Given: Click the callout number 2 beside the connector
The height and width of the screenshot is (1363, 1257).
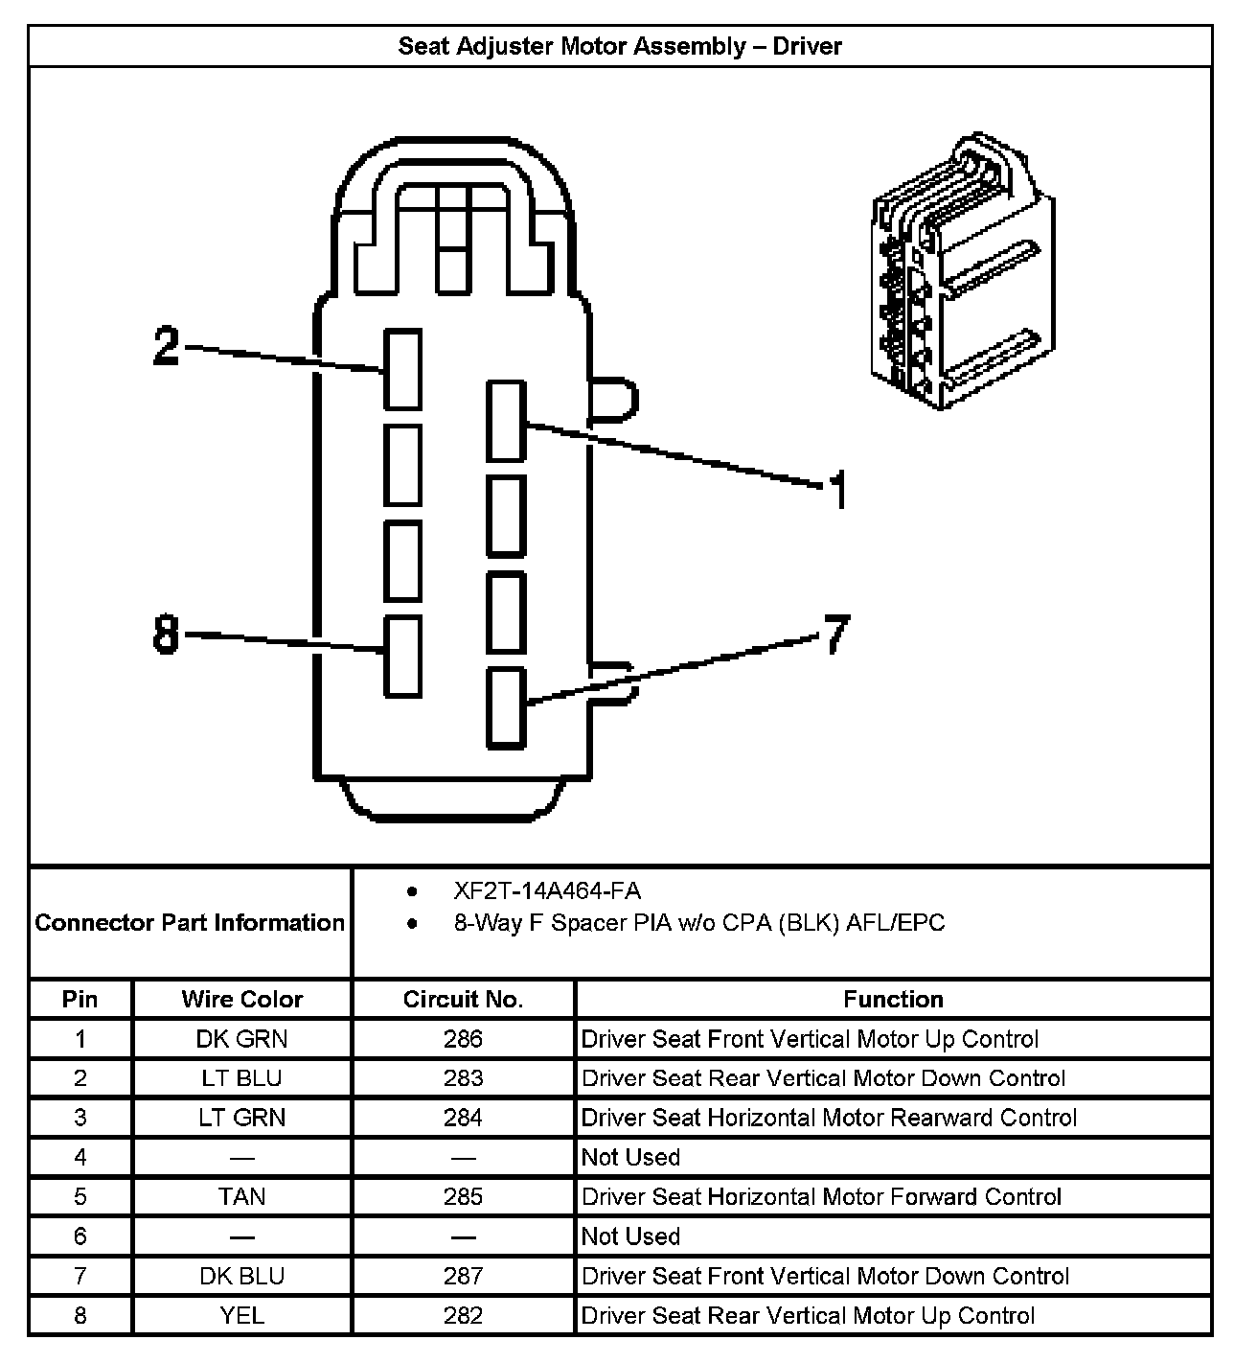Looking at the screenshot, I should (x=167, y=346).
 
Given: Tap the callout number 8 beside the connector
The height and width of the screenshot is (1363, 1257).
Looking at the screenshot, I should (x=167, y=634).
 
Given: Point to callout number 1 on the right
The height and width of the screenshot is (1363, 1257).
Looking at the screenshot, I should (x=838, y=490).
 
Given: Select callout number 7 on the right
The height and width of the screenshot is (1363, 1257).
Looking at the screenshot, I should (x=836, y=634).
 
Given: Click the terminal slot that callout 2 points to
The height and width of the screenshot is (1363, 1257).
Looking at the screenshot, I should (x=402, y=369).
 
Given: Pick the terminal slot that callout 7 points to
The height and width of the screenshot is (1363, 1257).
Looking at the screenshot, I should (x=506, y=708).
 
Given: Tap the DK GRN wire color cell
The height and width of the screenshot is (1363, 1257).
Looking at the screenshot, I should (x=241, y=1039).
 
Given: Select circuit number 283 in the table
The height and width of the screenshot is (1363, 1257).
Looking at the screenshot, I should (x=463, y=1078).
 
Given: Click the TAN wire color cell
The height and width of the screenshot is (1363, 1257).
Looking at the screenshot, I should (x=241, y=1197).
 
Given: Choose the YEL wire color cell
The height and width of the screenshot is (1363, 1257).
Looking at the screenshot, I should (x=241, y=1316).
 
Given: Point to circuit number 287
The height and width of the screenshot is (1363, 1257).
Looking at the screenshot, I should (x=463, y=1276).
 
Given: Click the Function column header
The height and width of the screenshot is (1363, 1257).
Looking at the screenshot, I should (x=893, y=1000).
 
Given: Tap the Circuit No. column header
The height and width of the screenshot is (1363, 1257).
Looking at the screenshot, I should (x=463, y=1000).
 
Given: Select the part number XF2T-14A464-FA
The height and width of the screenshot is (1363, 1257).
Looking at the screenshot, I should (x=547, y=891).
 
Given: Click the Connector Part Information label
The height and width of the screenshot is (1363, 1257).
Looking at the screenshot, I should (x=190, y=923).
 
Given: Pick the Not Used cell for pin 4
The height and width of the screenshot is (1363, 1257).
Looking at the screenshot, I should (x=630, y=1157).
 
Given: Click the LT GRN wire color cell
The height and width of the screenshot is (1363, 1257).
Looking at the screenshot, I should (x=241, y=1118).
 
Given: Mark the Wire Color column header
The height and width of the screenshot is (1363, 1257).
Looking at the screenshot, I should (x=241, y=1000).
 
